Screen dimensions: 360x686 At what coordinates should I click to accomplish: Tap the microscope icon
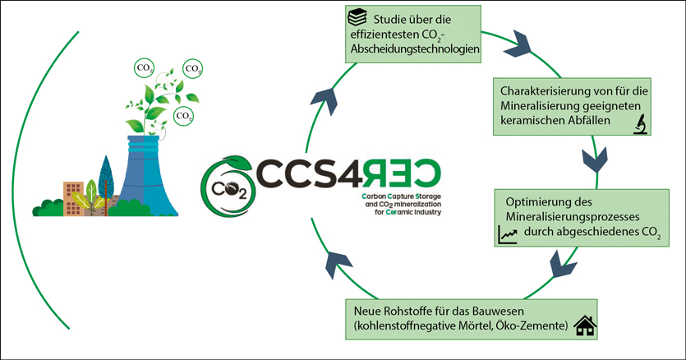(639, 124)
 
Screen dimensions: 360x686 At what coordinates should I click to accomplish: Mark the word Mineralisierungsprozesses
(561, 219)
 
